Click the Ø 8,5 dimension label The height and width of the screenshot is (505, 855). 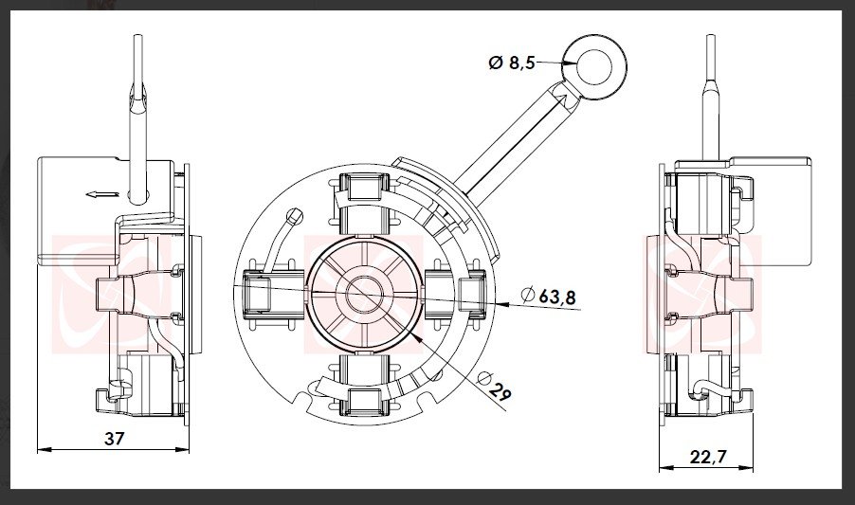(512, 63)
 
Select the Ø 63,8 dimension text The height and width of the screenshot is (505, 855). (548, 297)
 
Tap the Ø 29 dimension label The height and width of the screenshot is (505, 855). (494, 387)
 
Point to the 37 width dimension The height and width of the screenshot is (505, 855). (115, 438)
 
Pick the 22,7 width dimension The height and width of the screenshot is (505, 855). (708, 457)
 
